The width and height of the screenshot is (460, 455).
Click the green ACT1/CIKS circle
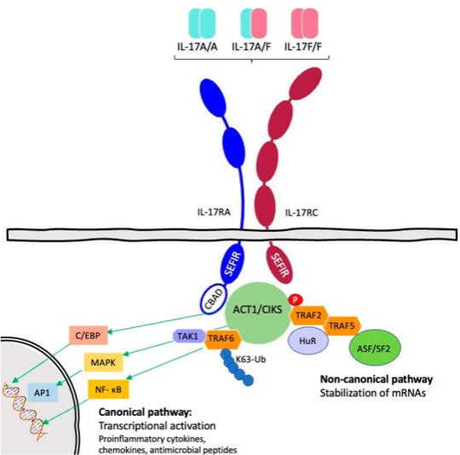[257, 313]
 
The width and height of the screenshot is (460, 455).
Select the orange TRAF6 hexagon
[223, 339]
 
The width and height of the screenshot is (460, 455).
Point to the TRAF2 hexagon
[308, 315]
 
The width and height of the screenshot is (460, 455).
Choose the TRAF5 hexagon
[342, 325]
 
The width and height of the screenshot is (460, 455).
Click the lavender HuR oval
[308, 341]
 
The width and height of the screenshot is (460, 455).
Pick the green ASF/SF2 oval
[374, 348]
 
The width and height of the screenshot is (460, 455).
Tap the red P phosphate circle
[296, 300]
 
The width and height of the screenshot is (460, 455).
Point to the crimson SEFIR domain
[280, 264]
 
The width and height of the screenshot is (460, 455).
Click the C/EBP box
[89, 336]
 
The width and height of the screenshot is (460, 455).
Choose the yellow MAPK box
[103, 362]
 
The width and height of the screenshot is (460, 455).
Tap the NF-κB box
[108, 389]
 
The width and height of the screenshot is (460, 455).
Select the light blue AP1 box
[43, 393]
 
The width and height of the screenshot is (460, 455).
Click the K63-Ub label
[250, 359]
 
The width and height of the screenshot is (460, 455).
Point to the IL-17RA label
[214, 212]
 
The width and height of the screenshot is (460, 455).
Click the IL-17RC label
[302, 213]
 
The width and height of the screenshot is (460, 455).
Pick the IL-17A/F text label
[251, 47]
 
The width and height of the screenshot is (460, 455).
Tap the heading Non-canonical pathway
[377, 379]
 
